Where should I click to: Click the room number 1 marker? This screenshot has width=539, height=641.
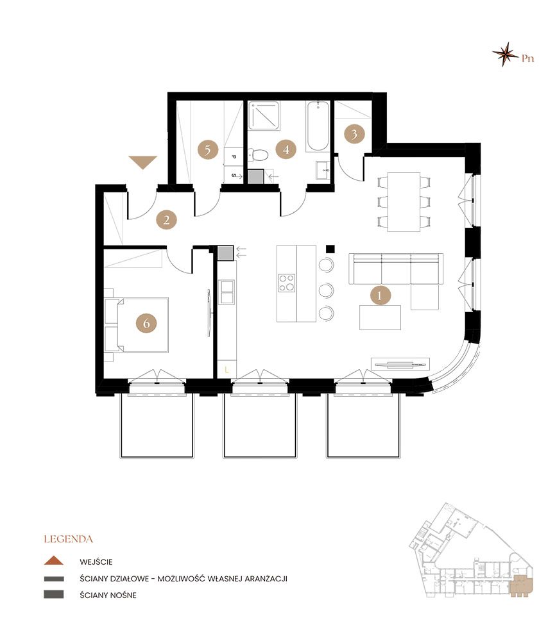381,295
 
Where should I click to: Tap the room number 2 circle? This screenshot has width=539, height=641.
167,220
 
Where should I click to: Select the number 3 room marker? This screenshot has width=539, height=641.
354,134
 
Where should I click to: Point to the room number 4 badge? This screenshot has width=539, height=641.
286,149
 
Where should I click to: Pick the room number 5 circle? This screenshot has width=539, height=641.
207,149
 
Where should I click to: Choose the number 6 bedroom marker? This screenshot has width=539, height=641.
146,323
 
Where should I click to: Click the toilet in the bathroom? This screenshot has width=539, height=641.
258,155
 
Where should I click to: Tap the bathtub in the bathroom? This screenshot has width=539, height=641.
318,126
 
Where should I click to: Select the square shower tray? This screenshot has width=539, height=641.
264,116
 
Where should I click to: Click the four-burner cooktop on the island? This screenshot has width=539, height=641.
286,283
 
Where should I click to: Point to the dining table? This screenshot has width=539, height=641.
404,202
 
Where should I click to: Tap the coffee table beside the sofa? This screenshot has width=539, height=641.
381,317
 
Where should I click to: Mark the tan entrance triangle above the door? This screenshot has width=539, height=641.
143,162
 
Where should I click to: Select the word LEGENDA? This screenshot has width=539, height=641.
69,539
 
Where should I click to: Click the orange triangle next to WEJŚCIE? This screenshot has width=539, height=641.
54,560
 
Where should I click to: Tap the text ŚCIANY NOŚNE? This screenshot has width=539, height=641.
108,595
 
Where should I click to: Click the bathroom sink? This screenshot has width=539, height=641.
323,170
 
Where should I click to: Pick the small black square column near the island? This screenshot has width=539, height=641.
330,249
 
